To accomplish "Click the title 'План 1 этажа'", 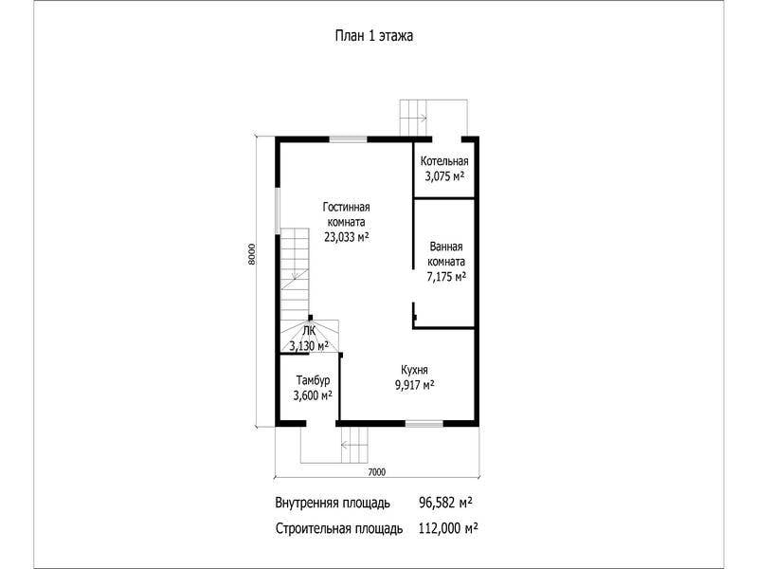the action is point(374,36).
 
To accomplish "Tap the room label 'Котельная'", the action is point(444,161).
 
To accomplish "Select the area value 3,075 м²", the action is point(444,176).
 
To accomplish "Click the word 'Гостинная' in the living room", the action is point(346,207).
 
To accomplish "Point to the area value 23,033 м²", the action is point(347,237).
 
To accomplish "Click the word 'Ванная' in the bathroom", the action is point(446,247).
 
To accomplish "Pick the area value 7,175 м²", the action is point(446,277).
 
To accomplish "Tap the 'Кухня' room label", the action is point(414,370).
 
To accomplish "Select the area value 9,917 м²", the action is point(414,385).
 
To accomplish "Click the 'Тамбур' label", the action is point(313,380).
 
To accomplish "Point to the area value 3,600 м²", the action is point(313,395).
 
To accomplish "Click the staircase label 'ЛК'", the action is point(309,331).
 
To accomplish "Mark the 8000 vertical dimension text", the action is point(251,254).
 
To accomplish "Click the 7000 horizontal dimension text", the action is point(376,471).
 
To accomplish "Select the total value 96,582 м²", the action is point(445,503).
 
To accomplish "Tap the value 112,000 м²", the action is point(448,528).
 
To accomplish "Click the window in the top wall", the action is point(348,139).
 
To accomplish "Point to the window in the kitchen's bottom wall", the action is point(424,424).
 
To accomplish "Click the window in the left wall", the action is point(278,211).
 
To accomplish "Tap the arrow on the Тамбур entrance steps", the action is point(349,444).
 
